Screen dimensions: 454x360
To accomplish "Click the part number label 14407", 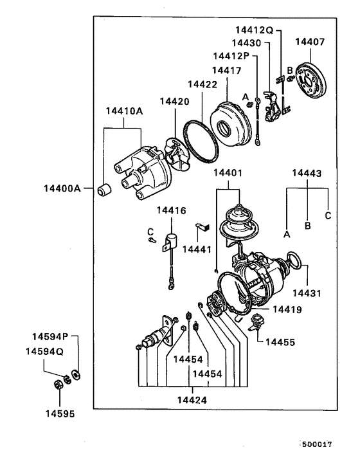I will click(x=310, y=42).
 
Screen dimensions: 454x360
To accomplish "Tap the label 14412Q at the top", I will click(x=254, y=30).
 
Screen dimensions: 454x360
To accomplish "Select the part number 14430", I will click(x=249, y=43).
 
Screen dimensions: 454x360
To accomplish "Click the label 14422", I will click(x=202, y=84).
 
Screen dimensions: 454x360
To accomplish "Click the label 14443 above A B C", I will click(x=307, y=173).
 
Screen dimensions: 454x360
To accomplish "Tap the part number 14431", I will click(x=307, y=293).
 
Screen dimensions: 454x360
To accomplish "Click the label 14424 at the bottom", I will click(x=192, y=399).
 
